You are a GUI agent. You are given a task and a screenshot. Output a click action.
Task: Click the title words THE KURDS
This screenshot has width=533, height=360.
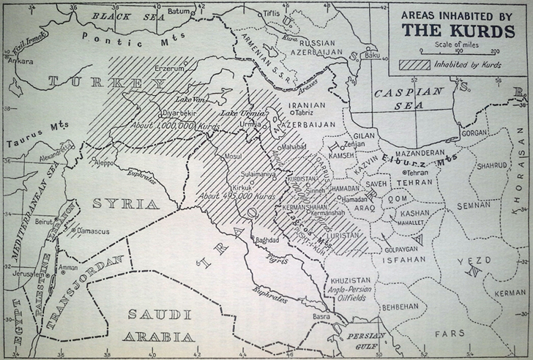click(458, 31)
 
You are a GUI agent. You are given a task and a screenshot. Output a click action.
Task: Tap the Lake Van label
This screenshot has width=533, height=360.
click(190, 99)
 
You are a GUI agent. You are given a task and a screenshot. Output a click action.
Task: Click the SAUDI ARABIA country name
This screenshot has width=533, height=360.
click(160, 326)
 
